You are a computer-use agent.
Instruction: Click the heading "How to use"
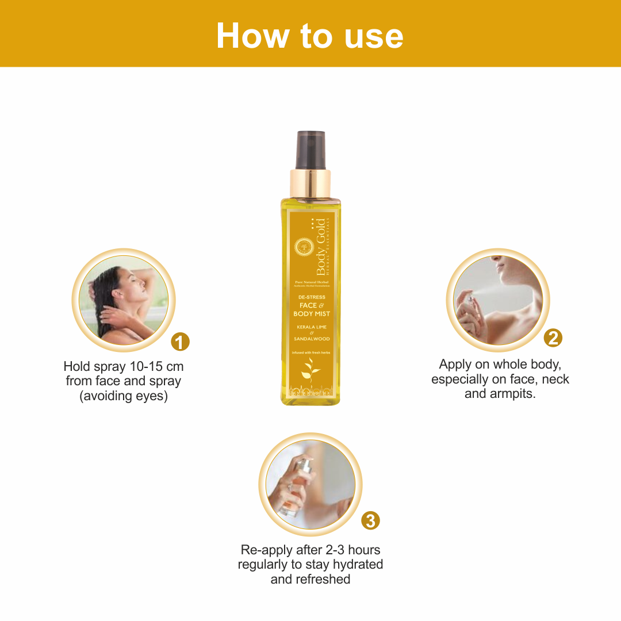(x=310, y=36)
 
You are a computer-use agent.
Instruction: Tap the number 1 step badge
(x=181, y=343)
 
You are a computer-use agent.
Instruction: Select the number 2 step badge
(x=553, y=338)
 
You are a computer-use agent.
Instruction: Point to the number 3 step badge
(x=370, y=521)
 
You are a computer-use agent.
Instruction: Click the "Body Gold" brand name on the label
(x=320, y=247)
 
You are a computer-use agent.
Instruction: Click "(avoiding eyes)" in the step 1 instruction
(x=124, y=396)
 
